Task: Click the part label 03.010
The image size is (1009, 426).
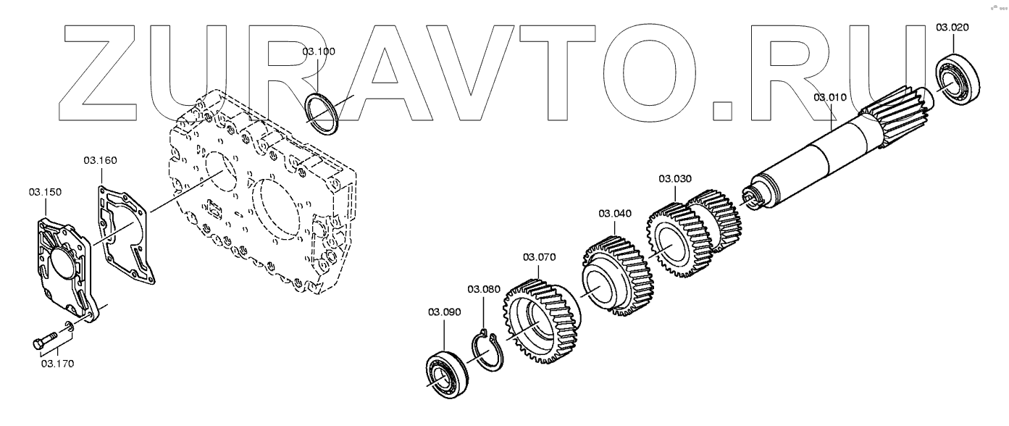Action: pos(829,96)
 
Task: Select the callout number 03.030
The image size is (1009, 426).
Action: pos(675,178)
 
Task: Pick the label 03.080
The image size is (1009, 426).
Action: pos(483,289)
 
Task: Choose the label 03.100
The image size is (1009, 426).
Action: pos(319,53)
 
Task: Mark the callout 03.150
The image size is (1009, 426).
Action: pos(45,192)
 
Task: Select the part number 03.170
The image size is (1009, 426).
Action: pos(56,363)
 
